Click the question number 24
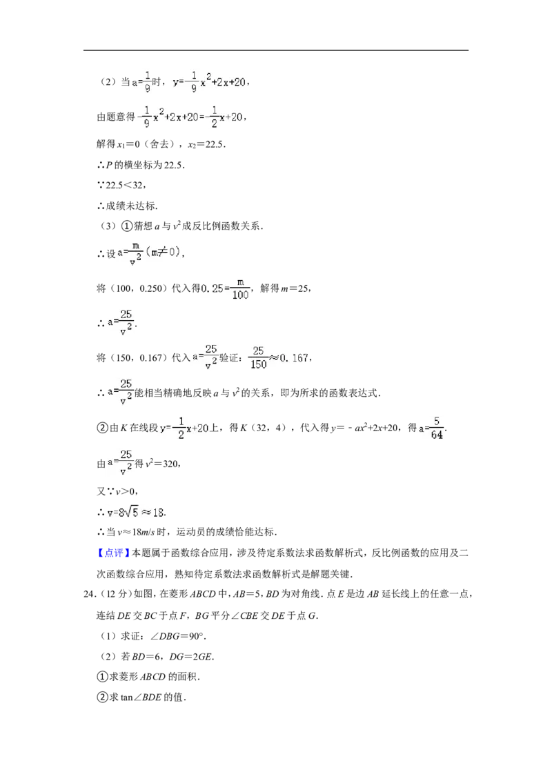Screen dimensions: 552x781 90,594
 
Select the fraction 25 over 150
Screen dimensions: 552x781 258,358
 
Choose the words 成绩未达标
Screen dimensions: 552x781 131,206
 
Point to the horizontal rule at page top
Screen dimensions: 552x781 276,50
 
